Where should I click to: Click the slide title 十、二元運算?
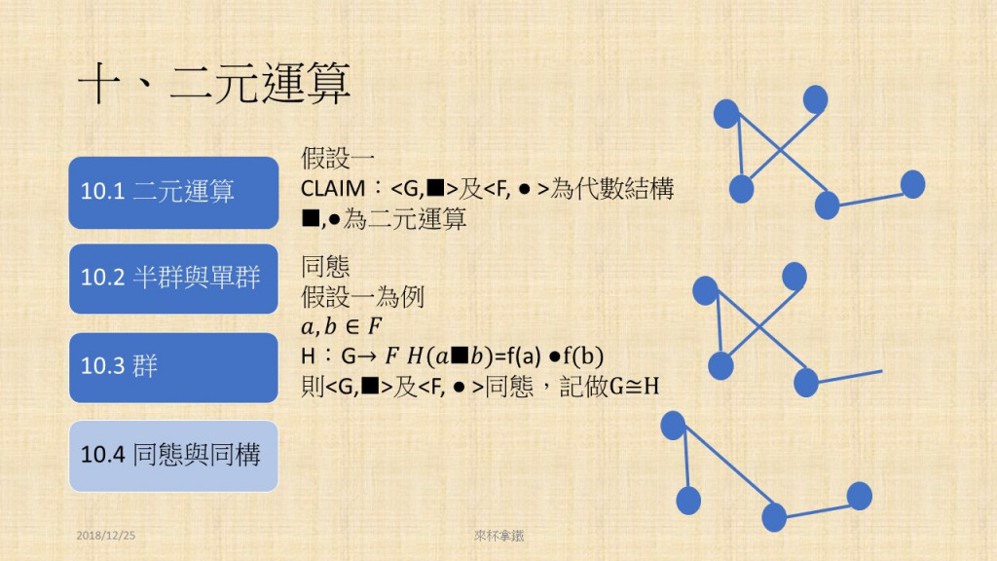(214, 86)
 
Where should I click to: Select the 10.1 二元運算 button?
(174, 192)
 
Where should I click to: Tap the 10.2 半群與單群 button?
(174, 279)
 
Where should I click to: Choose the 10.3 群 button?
(174, 367)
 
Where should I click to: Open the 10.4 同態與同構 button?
(174, 455)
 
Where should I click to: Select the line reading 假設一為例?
(365, 296)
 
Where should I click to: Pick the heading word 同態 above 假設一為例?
(327, 267)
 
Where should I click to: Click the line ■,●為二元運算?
(385, 219)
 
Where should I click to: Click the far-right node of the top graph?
(912, 184)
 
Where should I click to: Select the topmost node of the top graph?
(815, 98)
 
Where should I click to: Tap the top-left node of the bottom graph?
(673, 425)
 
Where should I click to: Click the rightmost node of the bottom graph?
(859, 496)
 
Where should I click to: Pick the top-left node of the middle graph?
(705, 290)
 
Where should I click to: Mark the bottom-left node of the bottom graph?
(688, 501)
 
